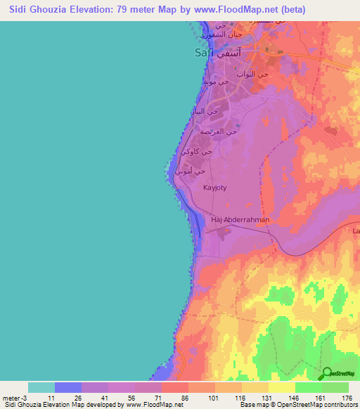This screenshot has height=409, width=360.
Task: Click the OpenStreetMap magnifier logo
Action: pyautogui.click(x=327, y=373)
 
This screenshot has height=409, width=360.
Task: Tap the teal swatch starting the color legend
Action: pyautogui.click(x=41, y=387)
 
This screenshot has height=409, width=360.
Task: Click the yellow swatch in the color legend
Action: pyautogui.click(x=282, y=387)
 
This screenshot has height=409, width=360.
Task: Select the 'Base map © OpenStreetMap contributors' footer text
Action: pyautogui.click(x=297, y=405)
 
